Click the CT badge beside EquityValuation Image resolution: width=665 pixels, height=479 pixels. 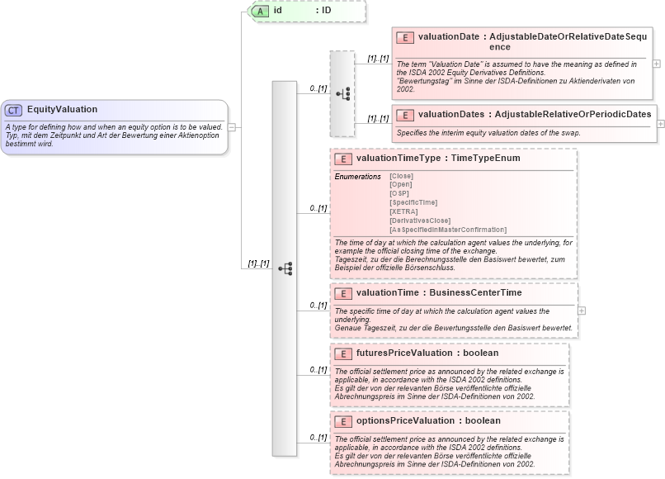pos(14,110)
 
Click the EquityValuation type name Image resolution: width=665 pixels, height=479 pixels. pos(62,110)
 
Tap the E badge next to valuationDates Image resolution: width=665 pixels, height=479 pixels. pos(404,114)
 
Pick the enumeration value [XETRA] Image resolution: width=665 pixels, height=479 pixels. pos(403,211)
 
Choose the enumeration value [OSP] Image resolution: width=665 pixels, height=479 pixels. pos(399,193)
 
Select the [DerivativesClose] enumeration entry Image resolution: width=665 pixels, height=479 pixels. pos(420,221)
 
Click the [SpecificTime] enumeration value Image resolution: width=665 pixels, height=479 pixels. pos(413,202)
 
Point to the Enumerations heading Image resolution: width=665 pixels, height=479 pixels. pos(357,177)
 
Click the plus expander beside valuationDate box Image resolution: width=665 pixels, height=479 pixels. pos(657,63)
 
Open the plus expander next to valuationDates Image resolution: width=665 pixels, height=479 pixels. pos(661,123)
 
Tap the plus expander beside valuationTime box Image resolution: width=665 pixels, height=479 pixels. pos(582,311)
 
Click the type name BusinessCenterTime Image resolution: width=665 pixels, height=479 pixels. pos(479,292)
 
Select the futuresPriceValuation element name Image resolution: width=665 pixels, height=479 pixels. pos(404,353)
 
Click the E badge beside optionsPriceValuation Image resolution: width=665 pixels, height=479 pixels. pos(342,421)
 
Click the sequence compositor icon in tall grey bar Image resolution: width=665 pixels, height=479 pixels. pos(285,268)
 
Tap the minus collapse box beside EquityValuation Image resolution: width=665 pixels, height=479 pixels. pos(233,127)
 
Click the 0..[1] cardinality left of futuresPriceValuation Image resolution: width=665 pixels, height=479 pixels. pos(318,369)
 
